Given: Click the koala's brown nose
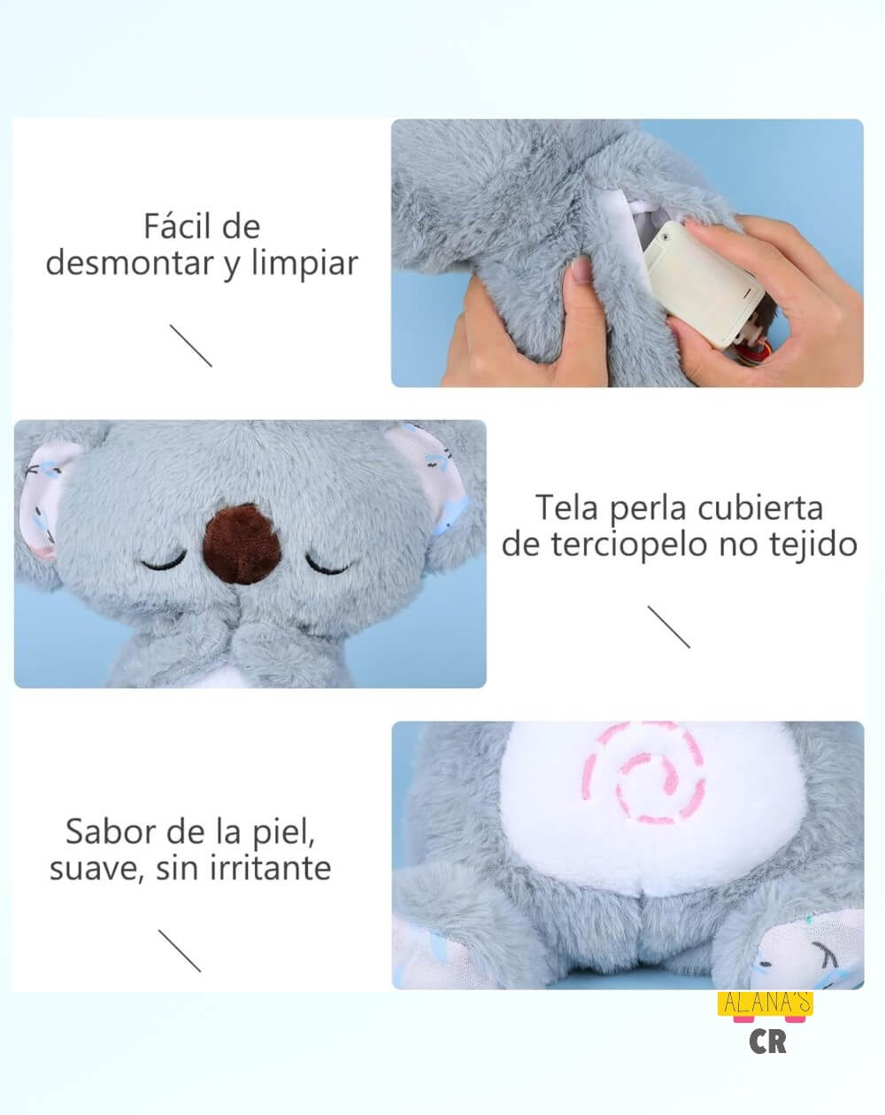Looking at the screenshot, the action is click(x=242, y=545).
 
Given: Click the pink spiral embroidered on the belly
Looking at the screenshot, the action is click(x=644, y=772).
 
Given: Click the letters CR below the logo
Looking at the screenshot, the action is click(x=767, y=1042).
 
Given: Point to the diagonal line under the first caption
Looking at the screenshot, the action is click(x=191, y=345).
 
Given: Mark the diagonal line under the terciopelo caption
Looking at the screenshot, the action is click(x=668, y=627).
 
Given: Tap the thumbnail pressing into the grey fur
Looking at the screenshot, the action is click(x=581, y=270).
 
